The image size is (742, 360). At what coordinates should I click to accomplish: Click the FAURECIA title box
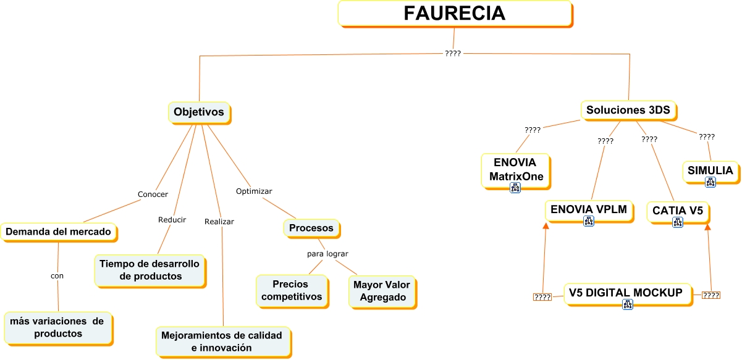455,14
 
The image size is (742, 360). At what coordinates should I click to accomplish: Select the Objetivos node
199,112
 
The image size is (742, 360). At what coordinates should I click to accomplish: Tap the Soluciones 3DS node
628,111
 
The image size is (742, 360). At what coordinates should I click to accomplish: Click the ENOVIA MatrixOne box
516,170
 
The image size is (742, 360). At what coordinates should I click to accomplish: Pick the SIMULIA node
710,170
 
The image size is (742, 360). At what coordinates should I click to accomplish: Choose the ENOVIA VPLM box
588,210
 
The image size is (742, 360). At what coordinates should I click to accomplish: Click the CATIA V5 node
678,211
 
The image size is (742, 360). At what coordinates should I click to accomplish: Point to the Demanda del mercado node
58,232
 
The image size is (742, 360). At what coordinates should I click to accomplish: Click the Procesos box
311,228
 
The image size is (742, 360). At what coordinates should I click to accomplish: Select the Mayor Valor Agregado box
381,291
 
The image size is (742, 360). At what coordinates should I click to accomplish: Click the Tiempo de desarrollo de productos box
150,270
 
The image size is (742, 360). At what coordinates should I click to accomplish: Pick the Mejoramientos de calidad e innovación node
221,341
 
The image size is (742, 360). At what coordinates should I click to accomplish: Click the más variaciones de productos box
57,327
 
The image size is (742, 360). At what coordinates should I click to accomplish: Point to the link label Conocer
152,194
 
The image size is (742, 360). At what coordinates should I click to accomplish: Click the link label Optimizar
254,191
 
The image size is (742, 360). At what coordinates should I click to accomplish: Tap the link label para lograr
327,253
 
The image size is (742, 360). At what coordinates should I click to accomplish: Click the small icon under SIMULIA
710,182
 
